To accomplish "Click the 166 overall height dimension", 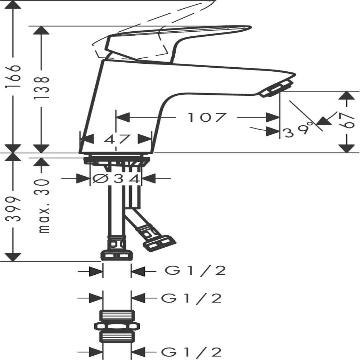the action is click(x=13, y=76).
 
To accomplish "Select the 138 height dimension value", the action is click(x=41, y=88).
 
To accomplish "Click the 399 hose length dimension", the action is click(x=13, y=209).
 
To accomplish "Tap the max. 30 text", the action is click(x=44, y=206).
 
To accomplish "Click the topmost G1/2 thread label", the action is click(x=195, y=271).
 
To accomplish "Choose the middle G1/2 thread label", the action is click(x=192, y=298).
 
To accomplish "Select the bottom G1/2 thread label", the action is click(x=192, y=352).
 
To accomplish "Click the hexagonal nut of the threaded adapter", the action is click(x=117, y=326).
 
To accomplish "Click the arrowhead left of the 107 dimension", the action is click(x=123, y=117).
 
